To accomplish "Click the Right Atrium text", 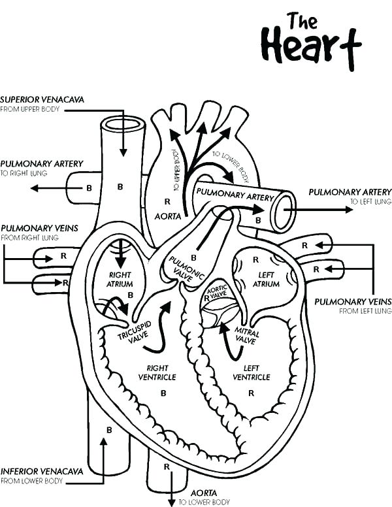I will pos(121,280).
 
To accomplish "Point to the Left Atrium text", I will pos(267,280).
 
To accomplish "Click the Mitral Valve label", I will pos(247,336).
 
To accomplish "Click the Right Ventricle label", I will pos(157,372).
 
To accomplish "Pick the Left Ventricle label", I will pos(252,372).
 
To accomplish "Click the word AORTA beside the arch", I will pos(167,216).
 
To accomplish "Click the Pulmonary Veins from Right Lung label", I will pos(39,228).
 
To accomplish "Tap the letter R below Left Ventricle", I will pos(251,393).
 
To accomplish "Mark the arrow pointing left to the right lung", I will pos(49,188).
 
